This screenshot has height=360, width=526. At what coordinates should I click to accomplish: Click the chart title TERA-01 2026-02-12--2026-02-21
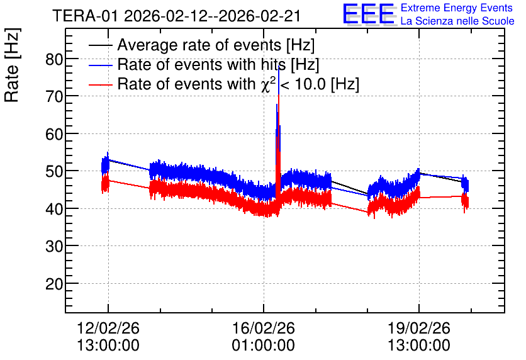tap(176, 16)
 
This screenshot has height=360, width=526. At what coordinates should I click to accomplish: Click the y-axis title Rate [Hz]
tap(12, 65)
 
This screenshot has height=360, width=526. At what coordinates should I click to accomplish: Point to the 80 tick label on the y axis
tap(54, 59)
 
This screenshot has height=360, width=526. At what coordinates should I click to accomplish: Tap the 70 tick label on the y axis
tap(54, 97)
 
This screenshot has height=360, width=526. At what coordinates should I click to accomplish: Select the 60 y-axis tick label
tap(54, 134)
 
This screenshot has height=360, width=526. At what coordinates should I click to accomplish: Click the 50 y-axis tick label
tap(54, 171)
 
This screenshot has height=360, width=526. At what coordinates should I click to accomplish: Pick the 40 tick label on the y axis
tap(54, 209)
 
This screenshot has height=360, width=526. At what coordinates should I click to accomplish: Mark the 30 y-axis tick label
tap(54, 247)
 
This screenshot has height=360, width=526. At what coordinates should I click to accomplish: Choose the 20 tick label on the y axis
tap(54, 284)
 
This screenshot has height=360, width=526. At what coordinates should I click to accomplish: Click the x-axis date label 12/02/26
tap(108, 328)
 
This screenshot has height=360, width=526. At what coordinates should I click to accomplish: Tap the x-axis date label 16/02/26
tap(264, 328)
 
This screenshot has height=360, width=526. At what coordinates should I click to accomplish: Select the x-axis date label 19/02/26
tap(418, 328)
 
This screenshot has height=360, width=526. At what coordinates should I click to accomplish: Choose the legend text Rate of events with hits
tap(201, 64)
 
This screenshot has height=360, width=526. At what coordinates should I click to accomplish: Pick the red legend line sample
tap(100, 85)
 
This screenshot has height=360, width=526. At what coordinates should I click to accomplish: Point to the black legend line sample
tap(100, 45)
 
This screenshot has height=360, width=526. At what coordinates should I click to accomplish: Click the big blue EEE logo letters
tap(368, 14)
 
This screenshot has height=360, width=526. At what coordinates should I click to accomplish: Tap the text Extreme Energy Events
tap(457, 8)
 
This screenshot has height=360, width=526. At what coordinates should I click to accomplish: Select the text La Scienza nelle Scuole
tap(457, 21)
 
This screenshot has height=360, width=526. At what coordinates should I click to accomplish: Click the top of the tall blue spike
tap(279, 66)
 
